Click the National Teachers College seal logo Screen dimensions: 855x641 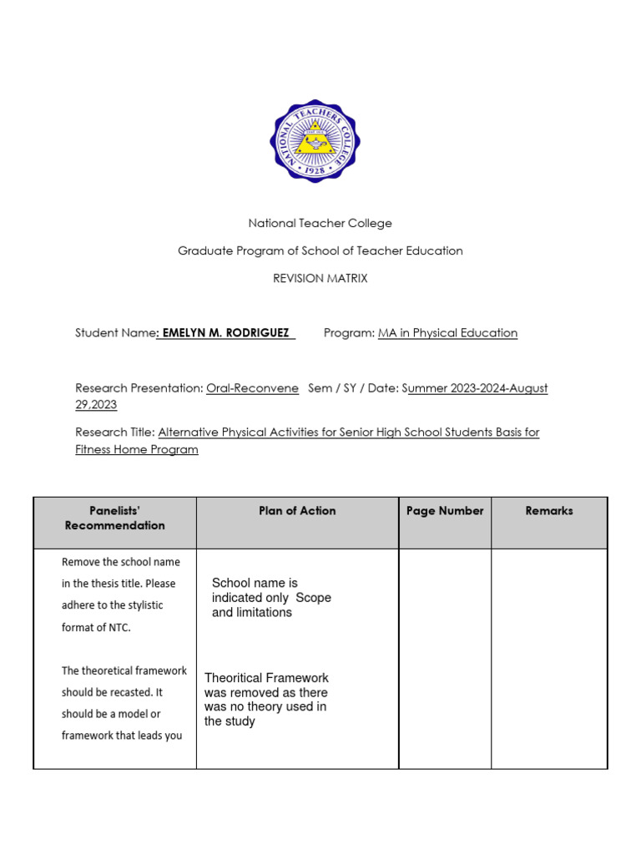315,141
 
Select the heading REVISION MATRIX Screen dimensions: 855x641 320,279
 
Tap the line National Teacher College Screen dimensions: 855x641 320,224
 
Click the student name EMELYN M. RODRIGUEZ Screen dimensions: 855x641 227,333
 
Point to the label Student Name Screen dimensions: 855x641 114,333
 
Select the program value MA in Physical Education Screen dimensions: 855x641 447,333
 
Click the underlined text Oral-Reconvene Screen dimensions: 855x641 252,388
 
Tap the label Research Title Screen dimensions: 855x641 114,433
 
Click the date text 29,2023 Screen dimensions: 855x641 96,405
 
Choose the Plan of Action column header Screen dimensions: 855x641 297,511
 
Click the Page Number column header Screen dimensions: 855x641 445,511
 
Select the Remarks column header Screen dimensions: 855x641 548,511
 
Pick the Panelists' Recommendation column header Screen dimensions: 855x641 114,518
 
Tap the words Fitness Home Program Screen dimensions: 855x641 137,449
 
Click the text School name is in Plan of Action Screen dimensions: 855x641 255,583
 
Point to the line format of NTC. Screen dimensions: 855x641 96,627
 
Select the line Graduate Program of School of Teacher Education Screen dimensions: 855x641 320,251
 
